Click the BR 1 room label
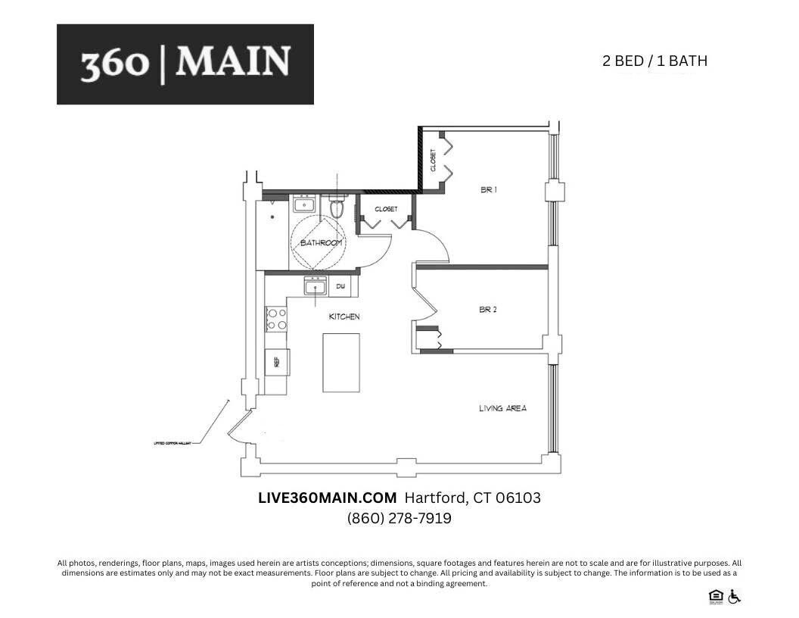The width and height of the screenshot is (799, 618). click(x=488, y=190)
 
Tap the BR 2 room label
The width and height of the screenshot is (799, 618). click(x=488, y=310)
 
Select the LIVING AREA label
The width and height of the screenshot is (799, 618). click(x=502, y=408)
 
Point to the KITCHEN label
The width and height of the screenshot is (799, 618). click(x=344, y=317)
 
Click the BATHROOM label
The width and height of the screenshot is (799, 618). click(x=322, y=243)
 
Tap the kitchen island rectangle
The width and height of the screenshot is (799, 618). click(x=340, y=362)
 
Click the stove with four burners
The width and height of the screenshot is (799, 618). click(x=276, y=318)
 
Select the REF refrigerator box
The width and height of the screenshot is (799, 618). click(x=277, y=362)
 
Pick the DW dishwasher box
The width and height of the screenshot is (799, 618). click(x=340, y=286)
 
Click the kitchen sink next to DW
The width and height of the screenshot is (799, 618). click(x=316, y=286)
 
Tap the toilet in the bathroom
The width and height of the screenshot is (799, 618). click(x=337, y=208)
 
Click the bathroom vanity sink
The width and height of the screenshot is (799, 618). click(x=304, y=204)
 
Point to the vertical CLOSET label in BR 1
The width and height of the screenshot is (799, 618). click(x=434, y=160)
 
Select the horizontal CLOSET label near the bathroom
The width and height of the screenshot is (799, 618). click(x=386, y=209)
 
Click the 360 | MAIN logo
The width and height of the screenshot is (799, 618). click(x=185, y=64)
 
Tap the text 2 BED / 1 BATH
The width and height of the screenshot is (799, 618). click(x=654, y=61)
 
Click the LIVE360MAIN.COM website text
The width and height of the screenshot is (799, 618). click(x=328, y=498)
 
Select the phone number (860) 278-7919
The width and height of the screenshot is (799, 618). click(x=399, y=519)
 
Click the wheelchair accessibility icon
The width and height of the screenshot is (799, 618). click(x=735, y=597)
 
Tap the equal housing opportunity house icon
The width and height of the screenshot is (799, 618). click(x=715, y=597)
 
